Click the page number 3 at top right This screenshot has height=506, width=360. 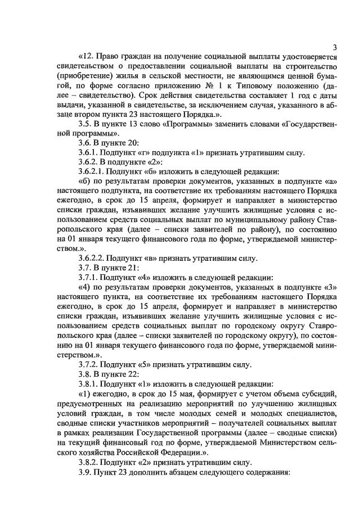(x=334, y=47)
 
